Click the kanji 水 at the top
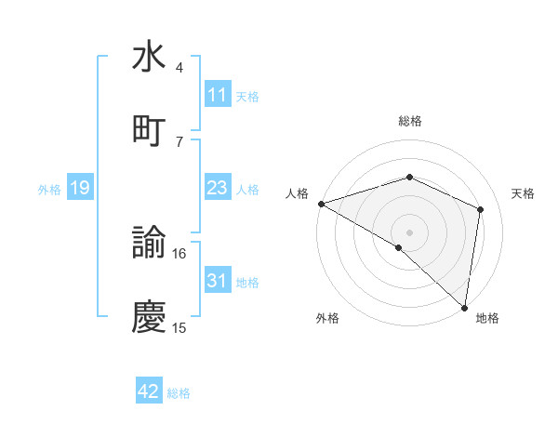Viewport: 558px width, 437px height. [149, 58]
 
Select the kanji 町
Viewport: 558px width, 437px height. [149, 130]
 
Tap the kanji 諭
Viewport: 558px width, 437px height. [149, 245]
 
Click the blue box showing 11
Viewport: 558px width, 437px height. [217, 95]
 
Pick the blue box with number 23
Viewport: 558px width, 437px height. [217, 188]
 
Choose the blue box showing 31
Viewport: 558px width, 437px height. [217, 281]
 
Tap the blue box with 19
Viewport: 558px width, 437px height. [79, 189]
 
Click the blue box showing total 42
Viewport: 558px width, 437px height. [149, 391]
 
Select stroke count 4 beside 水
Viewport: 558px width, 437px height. [179, 68]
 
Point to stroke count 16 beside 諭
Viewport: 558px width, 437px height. [179, 253]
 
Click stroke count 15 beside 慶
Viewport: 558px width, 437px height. [179, 327]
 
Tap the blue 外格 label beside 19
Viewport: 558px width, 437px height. [49, 190]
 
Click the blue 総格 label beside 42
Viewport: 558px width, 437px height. [179, 393]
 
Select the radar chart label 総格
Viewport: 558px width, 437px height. [409, 121]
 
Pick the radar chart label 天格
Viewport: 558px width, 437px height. [523, 193]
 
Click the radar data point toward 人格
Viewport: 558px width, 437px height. [320, 204]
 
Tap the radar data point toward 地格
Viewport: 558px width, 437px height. [464, 307]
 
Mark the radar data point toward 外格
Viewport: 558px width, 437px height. [398, 247]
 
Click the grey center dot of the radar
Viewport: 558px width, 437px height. [409, 232]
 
